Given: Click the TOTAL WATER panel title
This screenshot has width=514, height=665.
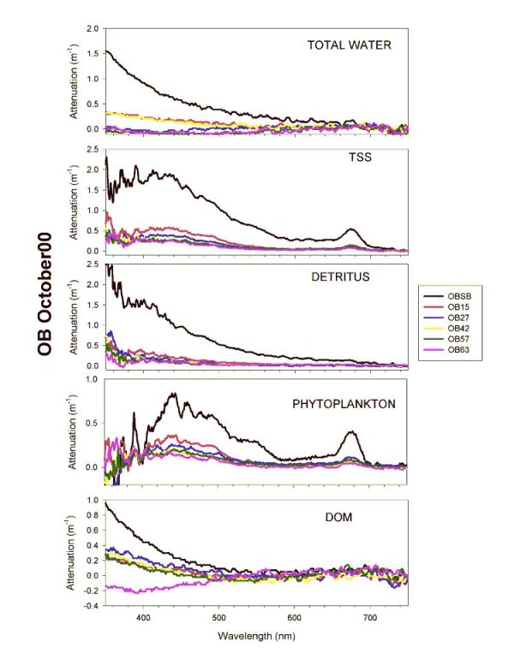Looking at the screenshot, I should pyautogui.click(x=349, y=45).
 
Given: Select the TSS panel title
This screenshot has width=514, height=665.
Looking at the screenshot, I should pyautogui.click(x=348, y=159).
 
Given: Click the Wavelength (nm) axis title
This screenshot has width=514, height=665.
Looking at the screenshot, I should pyautogui.click(x=256, y=636).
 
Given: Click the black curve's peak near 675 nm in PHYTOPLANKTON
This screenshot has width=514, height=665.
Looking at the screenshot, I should pyautogui.click(x=351, y=432).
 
